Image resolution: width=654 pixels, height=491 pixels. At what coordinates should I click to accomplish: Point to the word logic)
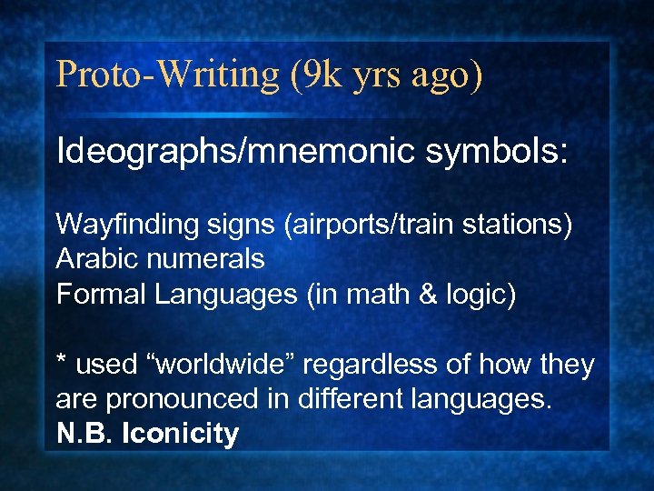481,295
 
